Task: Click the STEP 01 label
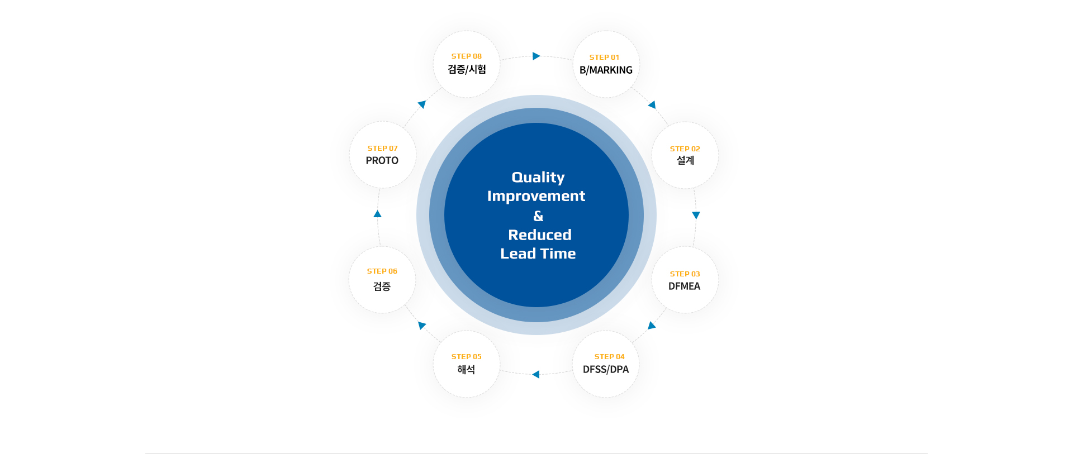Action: (x=604, y=58)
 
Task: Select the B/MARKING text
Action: (x=606, y=70)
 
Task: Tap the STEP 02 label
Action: (x=685, y=149)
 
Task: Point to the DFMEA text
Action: (x=684, y=286)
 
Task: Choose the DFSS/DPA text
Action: (x=606, y=370)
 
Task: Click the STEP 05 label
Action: (x=466, y=357)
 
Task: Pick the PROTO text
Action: (x=382, y=161)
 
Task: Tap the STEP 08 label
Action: (x=466, y=56)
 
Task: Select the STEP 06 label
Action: (x=382, y=271)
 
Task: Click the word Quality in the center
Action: (x=538, y=178)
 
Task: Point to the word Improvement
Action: (x=536, y=196)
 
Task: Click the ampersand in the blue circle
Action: (x=538, y=216)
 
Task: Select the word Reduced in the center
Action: (x=540, y=235)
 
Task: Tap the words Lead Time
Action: (x=538, y=254)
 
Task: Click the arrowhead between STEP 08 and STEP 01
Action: (x=536, y=56)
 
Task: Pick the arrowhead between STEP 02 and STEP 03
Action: (x=696, y=215)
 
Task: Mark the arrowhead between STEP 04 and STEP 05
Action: (x=536, y=374)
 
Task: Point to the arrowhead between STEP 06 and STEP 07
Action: (x=377, y=214)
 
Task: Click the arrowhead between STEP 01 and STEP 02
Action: (x=652, y=104)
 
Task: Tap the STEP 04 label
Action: (x=609, y=357)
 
